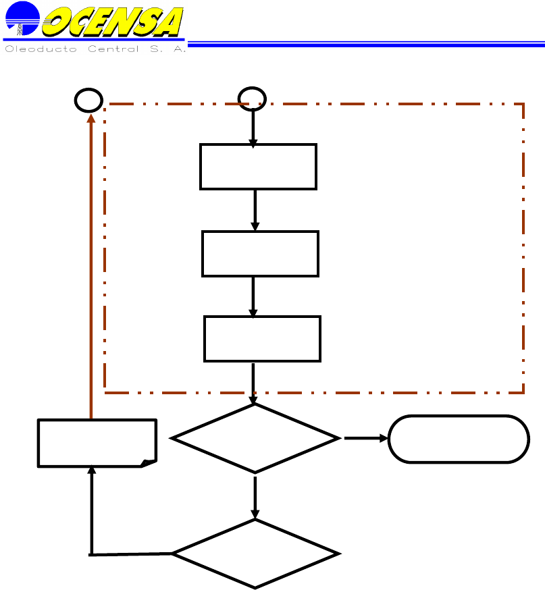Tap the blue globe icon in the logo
click(21, 19)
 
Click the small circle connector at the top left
click(88, 101)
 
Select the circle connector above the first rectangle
click(253, 99)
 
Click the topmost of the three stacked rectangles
click(258, 166)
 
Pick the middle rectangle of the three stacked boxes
click(260, 253)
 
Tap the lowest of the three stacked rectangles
click(262, 338)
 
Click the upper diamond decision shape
click(255, 438)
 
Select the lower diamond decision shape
click(255, 554)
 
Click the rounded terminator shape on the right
click(459, 439)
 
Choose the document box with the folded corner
click(97, 443)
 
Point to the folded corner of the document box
click(149, 462)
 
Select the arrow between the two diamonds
click(255, 496)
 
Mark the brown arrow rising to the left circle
click(90, 270)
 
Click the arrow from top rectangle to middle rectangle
click(255, 210)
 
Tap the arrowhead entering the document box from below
click(91, 471)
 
